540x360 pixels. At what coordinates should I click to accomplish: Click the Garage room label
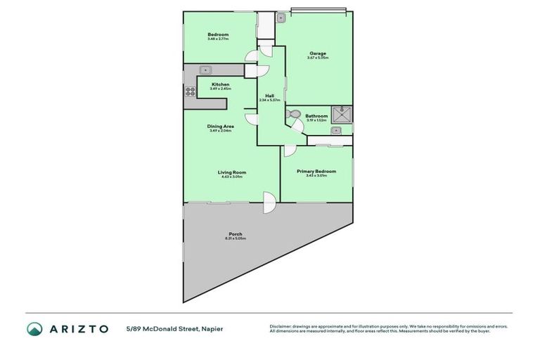tap(316, 53)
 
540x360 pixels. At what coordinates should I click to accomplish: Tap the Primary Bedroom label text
tap(316, 171)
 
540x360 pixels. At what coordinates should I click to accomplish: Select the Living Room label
tap(231, 172)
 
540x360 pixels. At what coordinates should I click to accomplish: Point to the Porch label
tap(235, 234)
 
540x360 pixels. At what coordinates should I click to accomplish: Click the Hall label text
tap(269, 96)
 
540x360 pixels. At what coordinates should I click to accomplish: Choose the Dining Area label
tap(220, 127)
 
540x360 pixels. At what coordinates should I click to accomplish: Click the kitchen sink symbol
tap(205, 70)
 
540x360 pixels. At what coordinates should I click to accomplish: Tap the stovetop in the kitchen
tap(190, 91)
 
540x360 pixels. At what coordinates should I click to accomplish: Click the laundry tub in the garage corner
tap(281, 17)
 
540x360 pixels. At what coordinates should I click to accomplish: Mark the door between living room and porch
tap(269, 202)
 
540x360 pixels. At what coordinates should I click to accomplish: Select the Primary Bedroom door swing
tap(289, 151)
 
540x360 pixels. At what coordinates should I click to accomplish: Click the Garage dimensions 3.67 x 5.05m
tap(316, 58)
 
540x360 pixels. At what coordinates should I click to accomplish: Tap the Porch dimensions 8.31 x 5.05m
tap(235, 239)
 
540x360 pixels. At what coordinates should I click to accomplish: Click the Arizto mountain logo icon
tap(34, 328)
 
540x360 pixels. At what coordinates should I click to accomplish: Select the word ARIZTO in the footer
tap(79, 328)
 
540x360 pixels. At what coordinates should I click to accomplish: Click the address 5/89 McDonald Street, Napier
tap(174, 328)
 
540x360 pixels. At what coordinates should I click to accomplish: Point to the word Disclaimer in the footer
tap(282, 326)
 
